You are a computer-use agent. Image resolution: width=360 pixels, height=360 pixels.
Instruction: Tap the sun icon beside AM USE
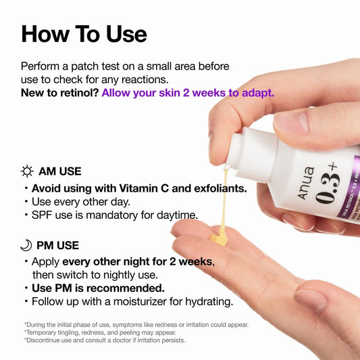point(27,172)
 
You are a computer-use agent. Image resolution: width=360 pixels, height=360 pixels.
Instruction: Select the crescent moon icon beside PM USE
point(27,245)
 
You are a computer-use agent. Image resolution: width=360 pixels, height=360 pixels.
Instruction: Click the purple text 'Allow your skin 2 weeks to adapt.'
point(188,93)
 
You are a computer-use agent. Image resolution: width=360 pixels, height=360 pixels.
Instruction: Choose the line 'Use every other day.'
point(81,202)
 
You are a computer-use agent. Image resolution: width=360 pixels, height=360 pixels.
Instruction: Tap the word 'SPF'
point(43,215)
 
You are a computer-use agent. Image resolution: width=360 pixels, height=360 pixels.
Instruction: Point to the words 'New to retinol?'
point(59,93)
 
